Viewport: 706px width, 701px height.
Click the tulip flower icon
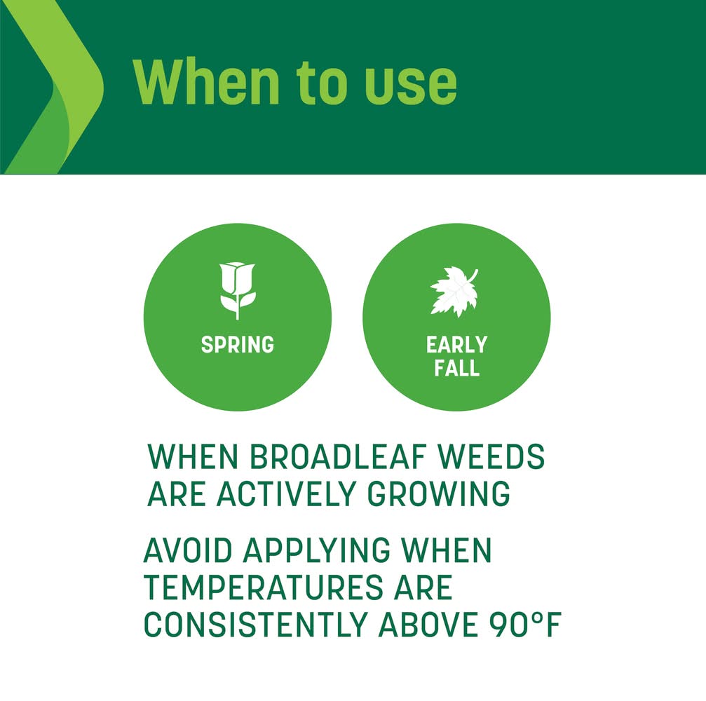click(237, 290)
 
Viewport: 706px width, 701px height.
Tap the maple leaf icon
click(454, 292)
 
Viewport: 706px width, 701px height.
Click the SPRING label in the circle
click(237, 345)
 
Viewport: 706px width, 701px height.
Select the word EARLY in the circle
click(456, 345)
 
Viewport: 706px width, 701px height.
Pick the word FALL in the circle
click(456, 367)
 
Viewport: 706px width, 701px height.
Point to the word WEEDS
click(491, 456)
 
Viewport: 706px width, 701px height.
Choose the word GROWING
click(439, 494)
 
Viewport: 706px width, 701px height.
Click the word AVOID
click(188, 550)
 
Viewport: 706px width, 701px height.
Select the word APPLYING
click(317, 550)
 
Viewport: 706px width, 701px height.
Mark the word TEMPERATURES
click(264, 587)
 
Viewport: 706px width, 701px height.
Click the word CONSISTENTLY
click(255, 625)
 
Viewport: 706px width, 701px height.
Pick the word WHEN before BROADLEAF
click(193, 456)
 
